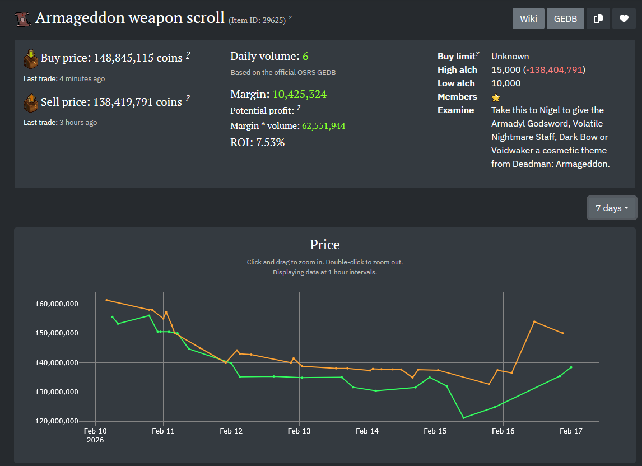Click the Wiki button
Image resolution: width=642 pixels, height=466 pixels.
[x=528, y=18]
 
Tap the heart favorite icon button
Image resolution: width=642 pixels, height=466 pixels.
[x=624, y=18]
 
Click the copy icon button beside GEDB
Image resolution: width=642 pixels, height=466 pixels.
[x=598, y=18]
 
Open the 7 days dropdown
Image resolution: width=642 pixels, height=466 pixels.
[x=612, y=208]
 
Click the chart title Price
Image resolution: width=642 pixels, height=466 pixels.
[x=325, y=245]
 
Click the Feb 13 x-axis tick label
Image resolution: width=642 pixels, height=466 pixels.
[x=299, y=431]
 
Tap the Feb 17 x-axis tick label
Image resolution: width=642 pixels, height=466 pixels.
[x=571, y=431]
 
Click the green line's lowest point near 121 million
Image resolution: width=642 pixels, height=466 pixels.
[x=464, y=418]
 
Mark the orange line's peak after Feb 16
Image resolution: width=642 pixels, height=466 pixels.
[x=534, y=321]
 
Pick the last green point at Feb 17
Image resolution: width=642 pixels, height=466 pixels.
[x=571, y=367]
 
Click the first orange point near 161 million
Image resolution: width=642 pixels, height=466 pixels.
[x=106, y=300]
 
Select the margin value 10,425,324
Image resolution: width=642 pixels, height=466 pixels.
[x=300, y=94]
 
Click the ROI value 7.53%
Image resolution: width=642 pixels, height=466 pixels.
[x=271, y=142]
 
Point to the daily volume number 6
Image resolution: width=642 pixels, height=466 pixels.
[x=305, y=56]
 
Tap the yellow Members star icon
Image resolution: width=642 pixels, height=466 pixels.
[x=496, y=97]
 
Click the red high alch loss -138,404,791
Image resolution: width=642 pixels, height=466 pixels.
[x=554, y=69]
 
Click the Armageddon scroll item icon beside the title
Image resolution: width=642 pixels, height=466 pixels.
[x=22, y=19]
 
